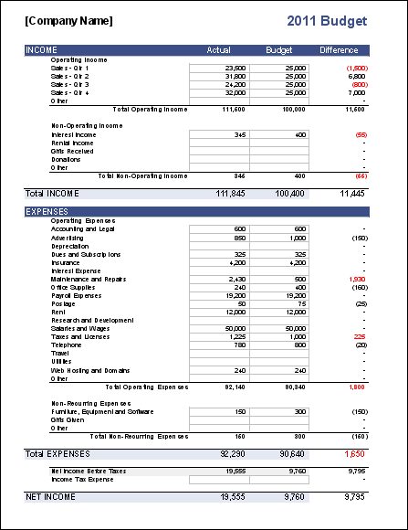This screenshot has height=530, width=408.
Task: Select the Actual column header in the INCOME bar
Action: (219, 49)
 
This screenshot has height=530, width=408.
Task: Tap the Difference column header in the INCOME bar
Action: (340, 49)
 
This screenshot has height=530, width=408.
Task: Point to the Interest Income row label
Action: (74, 134)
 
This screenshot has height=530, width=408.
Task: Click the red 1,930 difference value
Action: (355, 279)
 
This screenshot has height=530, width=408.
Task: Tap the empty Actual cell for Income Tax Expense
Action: (219, 479)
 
